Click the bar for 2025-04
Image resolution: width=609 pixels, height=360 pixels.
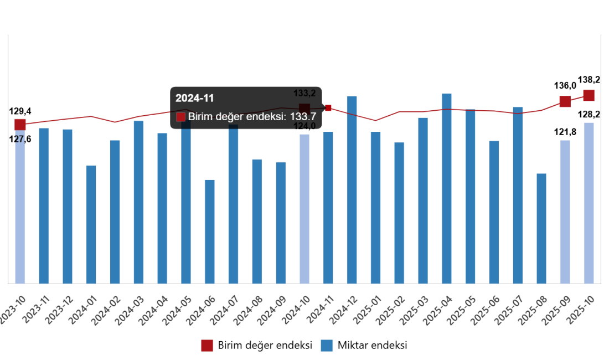coord(447,188)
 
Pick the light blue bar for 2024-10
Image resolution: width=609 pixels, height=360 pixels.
coord(304,209)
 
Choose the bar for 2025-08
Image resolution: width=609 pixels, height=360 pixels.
coord(541,228)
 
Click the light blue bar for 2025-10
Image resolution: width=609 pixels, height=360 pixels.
coord(589,203)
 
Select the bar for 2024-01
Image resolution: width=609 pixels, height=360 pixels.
coord(91,224)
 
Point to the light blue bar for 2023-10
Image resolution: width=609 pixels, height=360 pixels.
coord(20,210)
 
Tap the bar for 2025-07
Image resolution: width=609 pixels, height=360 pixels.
coord(518,195)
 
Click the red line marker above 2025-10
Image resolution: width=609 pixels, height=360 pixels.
coord(589,95)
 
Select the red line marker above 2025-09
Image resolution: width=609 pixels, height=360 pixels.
coord(565,101)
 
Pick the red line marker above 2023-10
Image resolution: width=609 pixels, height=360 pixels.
coord(20,124)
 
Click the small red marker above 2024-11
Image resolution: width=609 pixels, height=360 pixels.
coord(328,108)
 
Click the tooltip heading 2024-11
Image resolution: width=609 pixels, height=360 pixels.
coord(194,99)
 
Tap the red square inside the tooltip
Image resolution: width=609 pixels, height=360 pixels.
coord(180,117)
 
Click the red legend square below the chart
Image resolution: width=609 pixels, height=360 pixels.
coord(207,346)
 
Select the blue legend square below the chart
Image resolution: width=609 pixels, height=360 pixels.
coord(327,346)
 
